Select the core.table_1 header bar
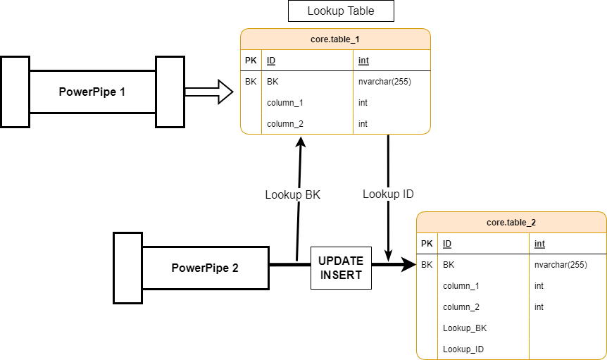coord(335,39)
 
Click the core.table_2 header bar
coord(511,223)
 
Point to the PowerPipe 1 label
coord(92,92)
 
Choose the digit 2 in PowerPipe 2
coord(235,268)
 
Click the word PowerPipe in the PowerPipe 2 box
coord(200,268)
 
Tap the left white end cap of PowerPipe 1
coord(15,92)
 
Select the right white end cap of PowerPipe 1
coord(170,92)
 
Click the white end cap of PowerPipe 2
coord(127,268)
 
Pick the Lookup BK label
coord(292,195)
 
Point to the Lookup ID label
coord(388,194)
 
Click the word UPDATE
coord(341,261)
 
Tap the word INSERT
coord(341,275)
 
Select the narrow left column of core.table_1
coord(251,92)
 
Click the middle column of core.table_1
coord(307,92)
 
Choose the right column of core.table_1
coord(391,92)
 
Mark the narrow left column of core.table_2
coord(427,296)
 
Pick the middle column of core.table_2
coord(483,296)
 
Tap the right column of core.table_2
coord(567,296)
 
